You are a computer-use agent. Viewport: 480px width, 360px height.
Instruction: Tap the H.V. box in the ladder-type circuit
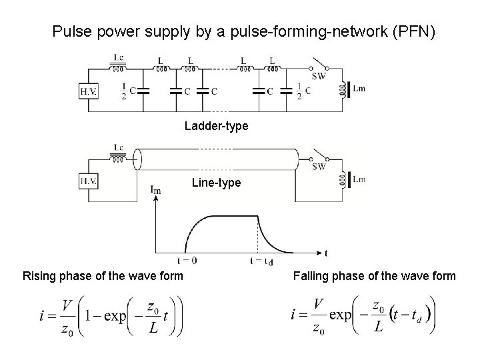[x=87, y=90]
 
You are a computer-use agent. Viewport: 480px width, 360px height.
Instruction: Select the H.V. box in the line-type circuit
[x=87, y=180]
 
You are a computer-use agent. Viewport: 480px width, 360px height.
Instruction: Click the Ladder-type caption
[x=217, y=126]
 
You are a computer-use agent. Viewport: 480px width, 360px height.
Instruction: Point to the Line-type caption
[x=216, y=182]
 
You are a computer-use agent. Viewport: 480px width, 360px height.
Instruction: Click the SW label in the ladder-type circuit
[x=318, y=77]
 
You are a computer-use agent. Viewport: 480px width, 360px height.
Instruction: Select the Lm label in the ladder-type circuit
[x=358, y=89]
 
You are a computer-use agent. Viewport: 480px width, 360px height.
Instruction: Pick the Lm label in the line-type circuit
[x=358, y=179]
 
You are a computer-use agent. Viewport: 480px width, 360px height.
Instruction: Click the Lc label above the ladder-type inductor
[x=118, y=59]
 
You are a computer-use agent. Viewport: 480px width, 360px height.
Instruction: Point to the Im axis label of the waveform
[x=155, y=191]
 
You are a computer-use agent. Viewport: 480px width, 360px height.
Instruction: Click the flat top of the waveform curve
[x=233, y=215]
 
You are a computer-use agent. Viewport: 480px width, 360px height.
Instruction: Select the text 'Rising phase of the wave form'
[x=103, y=276]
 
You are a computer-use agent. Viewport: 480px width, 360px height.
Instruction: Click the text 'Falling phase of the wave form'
[x=374, y=276]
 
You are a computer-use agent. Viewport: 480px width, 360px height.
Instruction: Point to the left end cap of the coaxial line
[x=137, y=159]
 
